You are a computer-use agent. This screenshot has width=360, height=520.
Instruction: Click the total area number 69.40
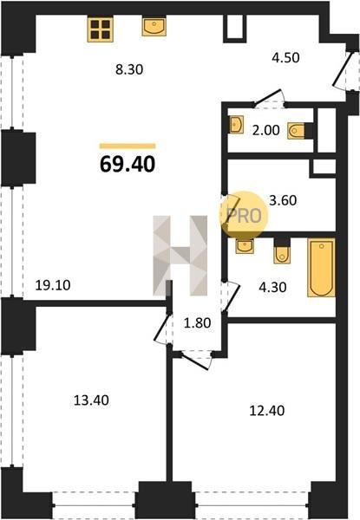tap(128, 164)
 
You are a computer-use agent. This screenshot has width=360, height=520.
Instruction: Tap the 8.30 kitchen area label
tap(129, 69)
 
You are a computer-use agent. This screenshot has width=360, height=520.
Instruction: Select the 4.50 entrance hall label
tap(285, 58)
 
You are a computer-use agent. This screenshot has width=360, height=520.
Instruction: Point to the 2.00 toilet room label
tap(265, 130)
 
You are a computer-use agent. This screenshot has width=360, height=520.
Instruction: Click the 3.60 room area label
tap(283, 201)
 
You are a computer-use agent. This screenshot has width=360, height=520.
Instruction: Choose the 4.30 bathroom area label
tap(272, 287)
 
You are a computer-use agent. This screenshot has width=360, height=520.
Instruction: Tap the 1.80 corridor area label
tap(198, 323)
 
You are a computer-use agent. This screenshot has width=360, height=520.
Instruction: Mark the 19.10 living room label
tap(53, 285)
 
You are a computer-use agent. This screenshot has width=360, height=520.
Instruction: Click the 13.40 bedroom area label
tap(91, 400)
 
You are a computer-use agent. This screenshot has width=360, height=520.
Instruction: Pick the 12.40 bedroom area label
tap(267, 411)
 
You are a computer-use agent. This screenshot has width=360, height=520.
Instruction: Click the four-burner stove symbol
tap(101, 29)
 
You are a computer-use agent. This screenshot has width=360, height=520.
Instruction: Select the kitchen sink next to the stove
tap(154, 27)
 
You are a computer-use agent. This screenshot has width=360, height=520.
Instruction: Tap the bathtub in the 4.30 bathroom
tap(321, 267)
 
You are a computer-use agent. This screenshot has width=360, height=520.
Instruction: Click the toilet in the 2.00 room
tap(297, 131)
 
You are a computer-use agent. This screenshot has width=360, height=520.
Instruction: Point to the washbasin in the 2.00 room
tap(236, 124)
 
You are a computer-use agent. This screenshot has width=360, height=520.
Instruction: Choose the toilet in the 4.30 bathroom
tap(282, 254)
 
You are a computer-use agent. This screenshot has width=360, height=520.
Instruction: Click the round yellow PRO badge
tap(244, 215)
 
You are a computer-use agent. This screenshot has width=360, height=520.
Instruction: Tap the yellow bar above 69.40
tap(128, 146)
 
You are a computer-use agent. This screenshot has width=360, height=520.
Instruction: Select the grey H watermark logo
tap(180, 256)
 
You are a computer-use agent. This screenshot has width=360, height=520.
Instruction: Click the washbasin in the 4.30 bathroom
tap(245, 246)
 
